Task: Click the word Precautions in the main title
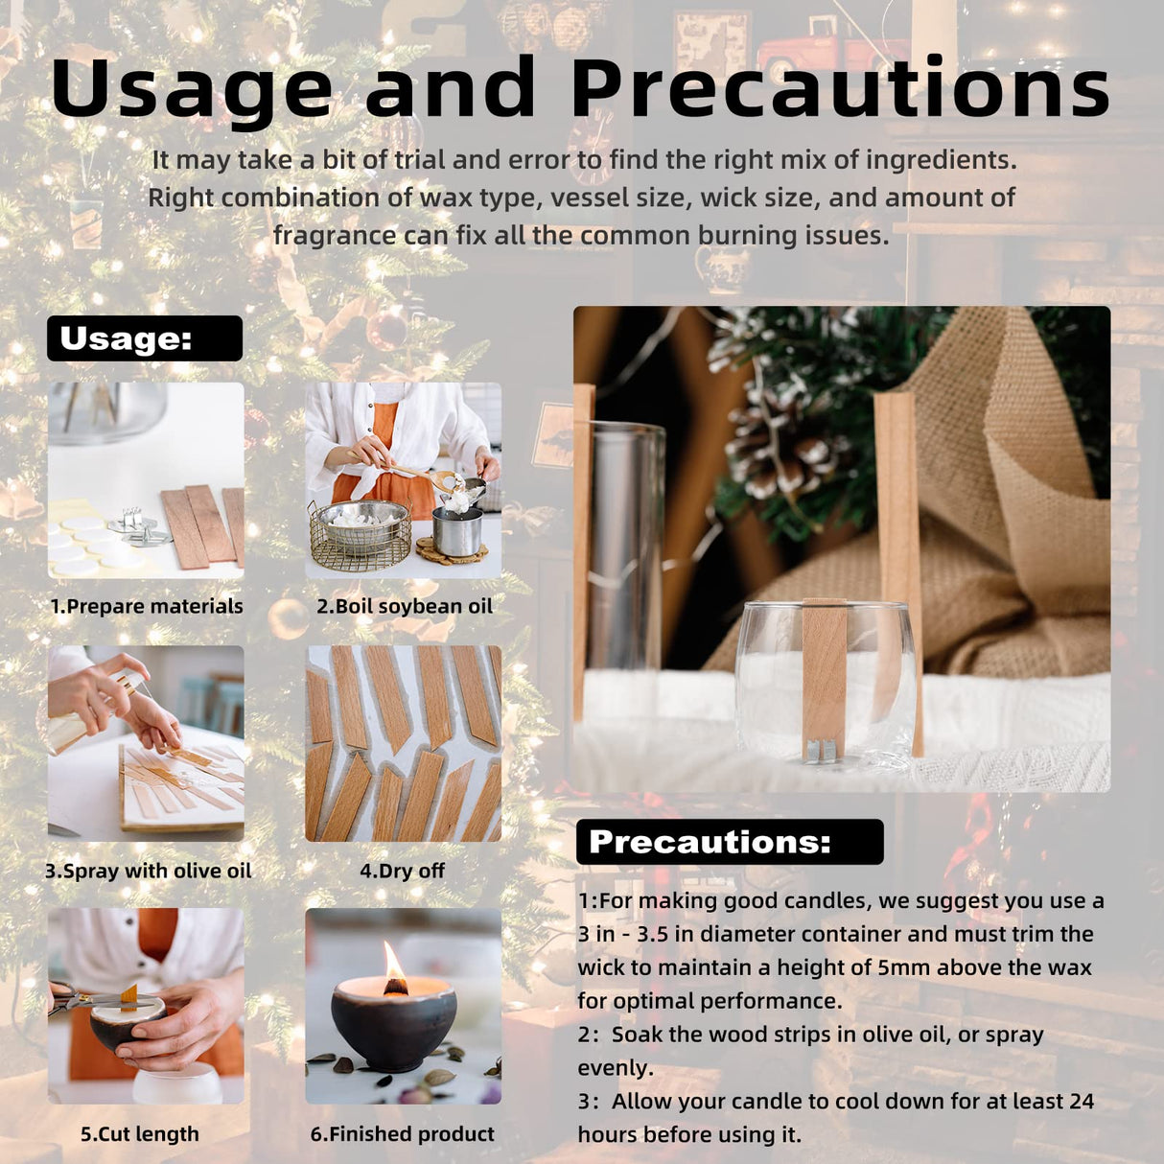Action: pyautogui.click(x=840, y=86)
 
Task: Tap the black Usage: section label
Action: pyautogui.click(x=145, y=338)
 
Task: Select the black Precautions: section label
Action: pyautogui.click(x=730, y=842)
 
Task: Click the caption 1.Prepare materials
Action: pyautogui.click(x=147, y=606)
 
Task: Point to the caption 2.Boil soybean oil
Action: pyautogui.click(x=404, y=606)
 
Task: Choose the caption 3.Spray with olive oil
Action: pyautogui.click(x=148, y=871)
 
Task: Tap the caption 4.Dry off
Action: pyautogui.click(x=403, y=871)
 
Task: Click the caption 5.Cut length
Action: pyautogui.click(x=140, y=1134)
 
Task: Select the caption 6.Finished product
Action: pyautogui.click(x=403, y=1134)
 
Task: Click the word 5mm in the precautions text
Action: pyautogui.click(x=898, y=967)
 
